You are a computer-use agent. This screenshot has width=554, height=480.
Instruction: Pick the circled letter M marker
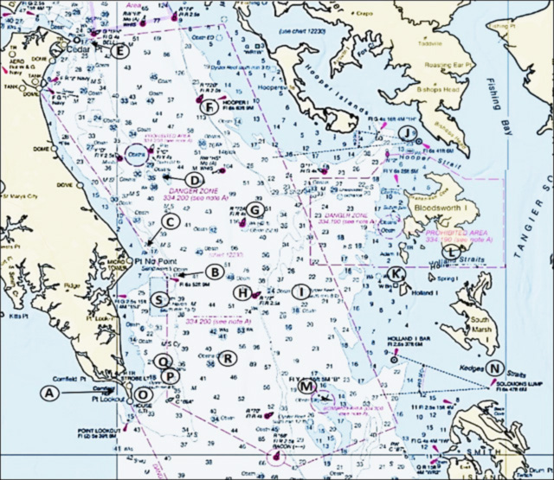pos(307,387)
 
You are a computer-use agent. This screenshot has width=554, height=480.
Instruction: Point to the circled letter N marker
pos(493,368)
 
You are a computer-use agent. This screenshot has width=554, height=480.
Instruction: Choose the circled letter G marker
pos(255,209)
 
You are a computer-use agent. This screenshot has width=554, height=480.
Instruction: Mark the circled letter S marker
pos(159,299)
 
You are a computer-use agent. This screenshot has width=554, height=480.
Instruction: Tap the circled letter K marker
pos(396,274)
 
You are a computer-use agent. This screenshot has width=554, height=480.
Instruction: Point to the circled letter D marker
pos(195,179)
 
